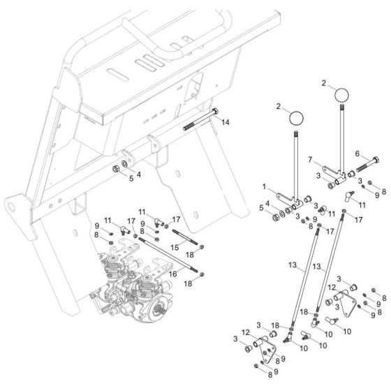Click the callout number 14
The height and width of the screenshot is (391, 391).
[225, 122]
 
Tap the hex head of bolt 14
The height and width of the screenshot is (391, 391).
[215, 111]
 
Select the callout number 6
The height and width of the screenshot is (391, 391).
[357, 154]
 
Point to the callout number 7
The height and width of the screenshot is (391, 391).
[310, 160]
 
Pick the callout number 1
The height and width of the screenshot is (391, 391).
[265, 186]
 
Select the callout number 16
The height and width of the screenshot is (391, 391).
[173, 274]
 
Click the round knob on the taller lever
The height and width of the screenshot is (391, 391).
[341, 95]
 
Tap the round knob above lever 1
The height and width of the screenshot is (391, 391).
[296, 117]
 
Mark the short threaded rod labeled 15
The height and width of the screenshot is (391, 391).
[185, 237]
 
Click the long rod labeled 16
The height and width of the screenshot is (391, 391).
[168, 255]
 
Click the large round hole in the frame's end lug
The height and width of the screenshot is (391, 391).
[11, 207]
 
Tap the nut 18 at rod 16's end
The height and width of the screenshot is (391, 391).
[202, 274]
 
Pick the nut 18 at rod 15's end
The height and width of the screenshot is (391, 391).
[202, 247]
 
